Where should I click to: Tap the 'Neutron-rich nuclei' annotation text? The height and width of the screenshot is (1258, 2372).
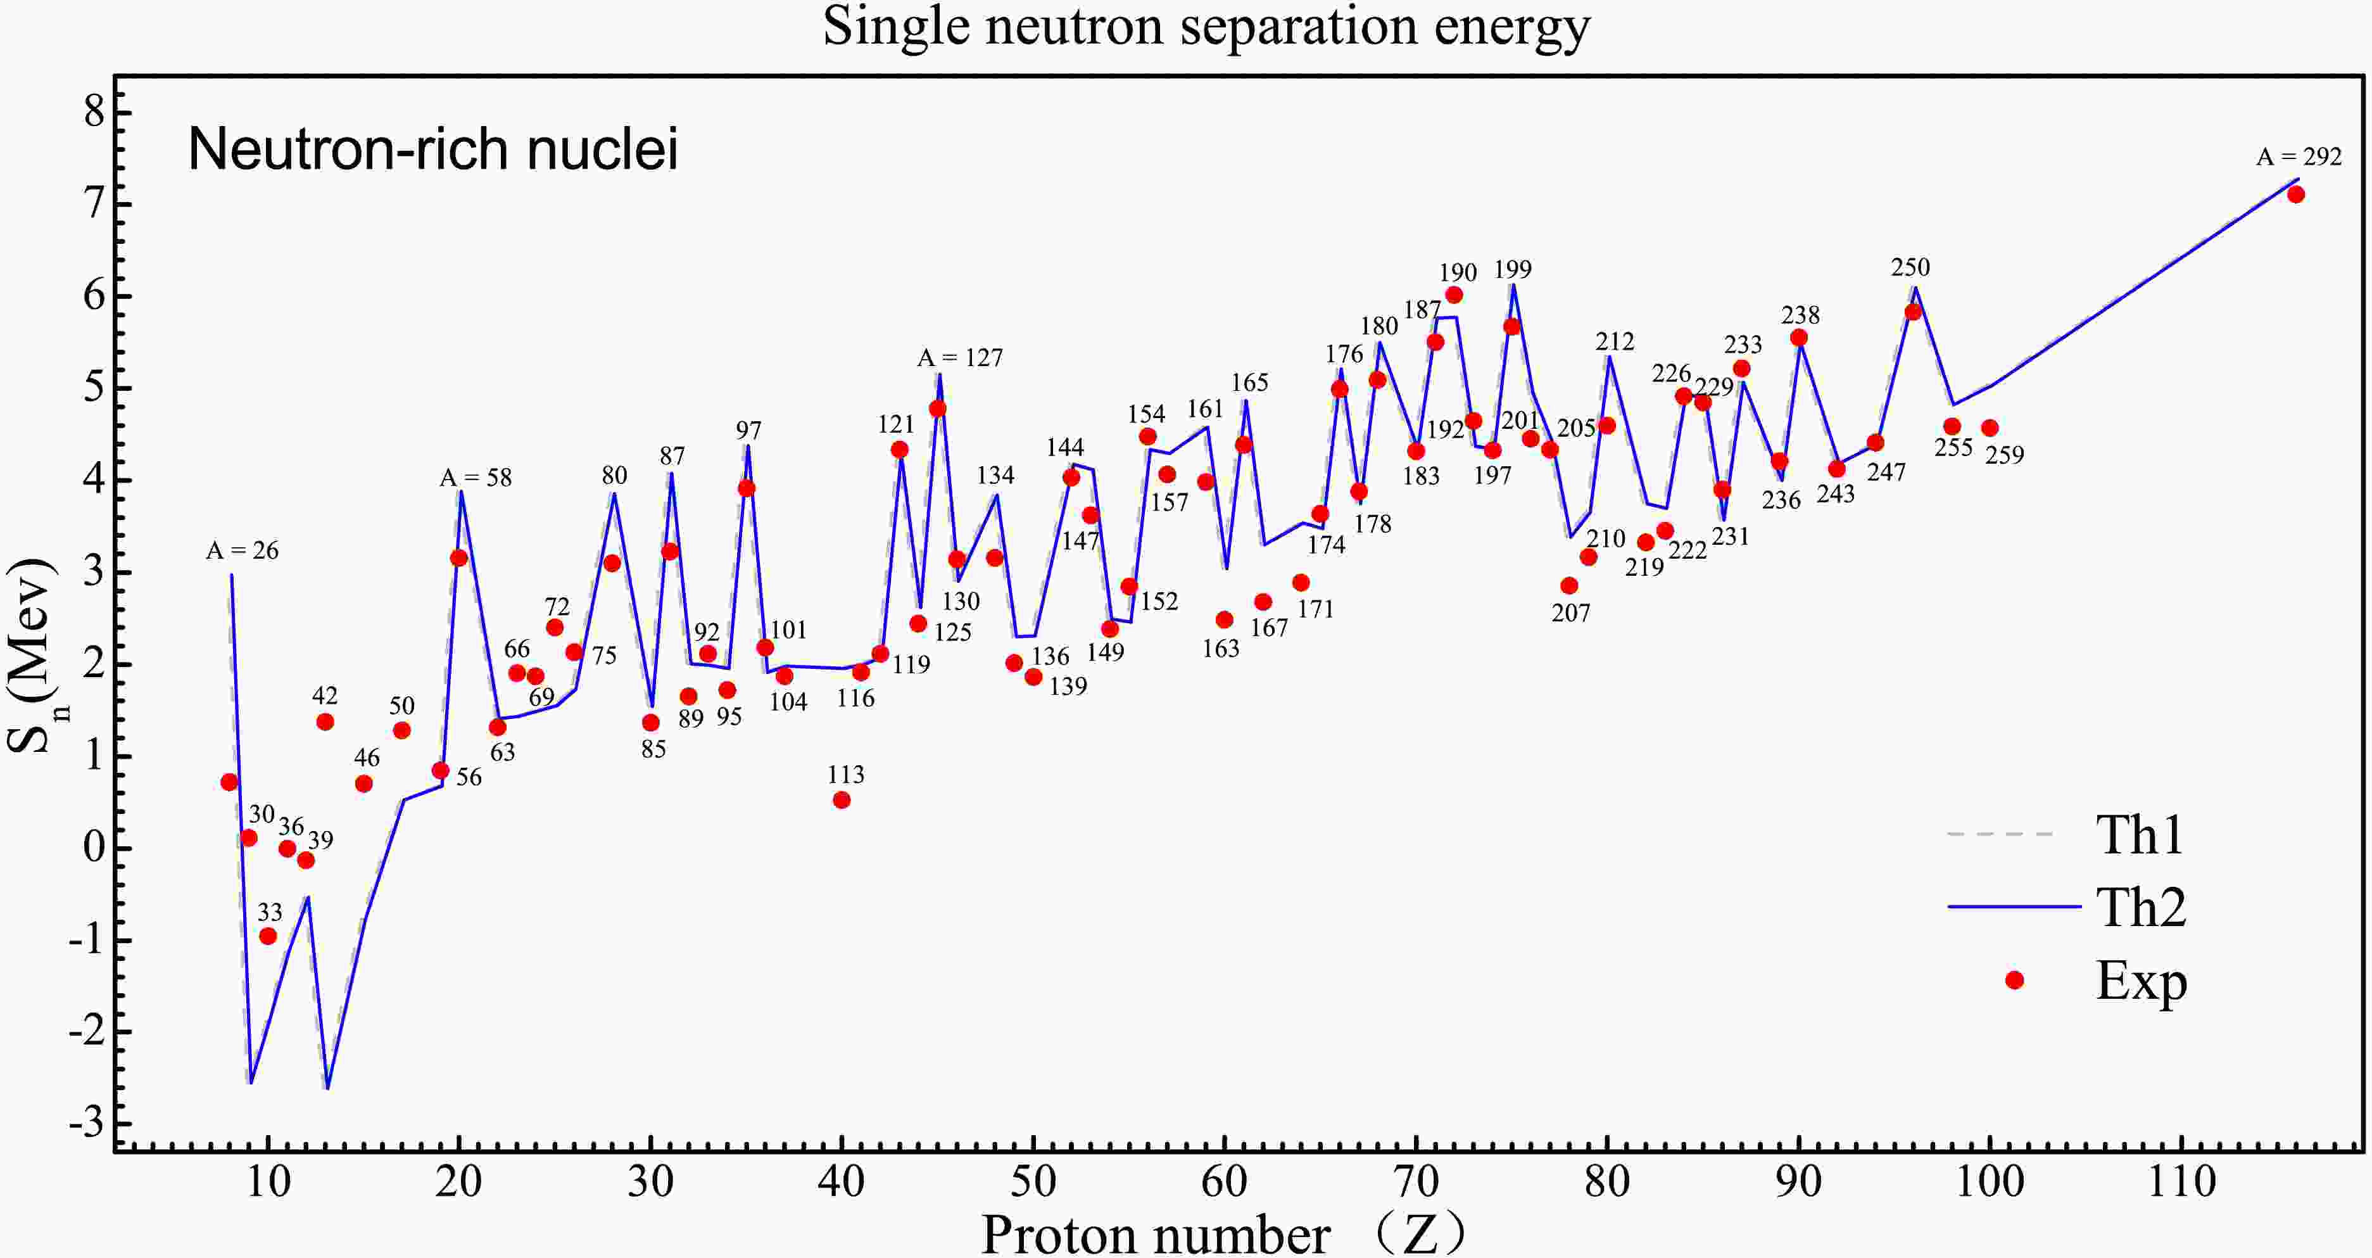[x=432, y=149]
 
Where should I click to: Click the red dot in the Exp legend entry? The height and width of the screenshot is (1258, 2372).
[x=2015, y=980]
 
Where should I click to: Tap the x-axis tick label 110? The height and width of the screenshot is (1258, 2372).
[x=2181, y=1181]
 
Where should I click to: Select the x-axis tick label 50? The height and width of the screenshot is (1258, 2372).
[x=1033, y=1181]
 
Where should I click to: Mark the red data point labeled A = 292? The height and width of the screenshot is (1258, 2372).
[x=2295, y=194]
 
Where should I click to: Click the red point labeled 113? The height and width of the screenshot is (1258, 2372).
[x=842, y=800]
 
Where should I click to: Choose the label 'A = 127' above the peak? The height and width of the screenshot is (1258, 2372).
[x=959, y=357]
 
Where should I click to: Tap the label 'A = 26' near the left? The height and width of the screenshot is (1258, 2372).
[x=241, y=550]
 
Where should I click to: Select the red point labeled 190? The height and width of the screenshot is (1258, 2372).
[x=1454, y=295]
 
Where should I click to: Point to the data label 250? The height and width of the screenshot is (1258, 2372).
[x=1910, y=267]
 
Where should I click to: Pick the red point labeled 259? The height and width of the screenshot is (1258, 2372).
[x=1990, y=428]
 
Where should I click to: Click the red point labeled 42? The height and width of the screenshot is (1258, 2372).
[x=325, y=722]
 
